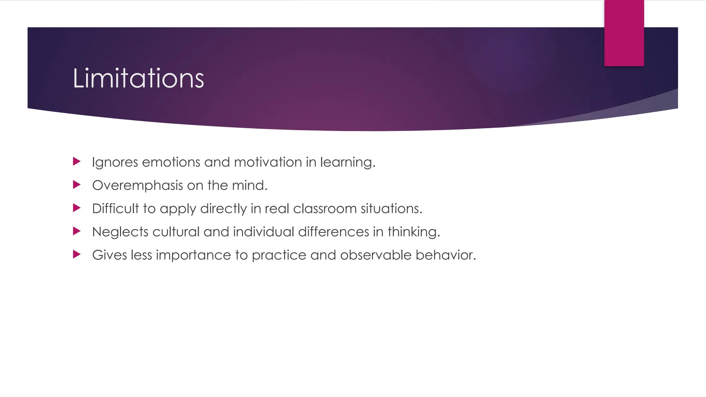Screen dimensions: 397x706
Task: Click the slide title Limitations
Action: pos(138,79)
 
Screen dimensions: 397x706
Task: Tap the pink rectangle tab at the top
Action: pos(624,33)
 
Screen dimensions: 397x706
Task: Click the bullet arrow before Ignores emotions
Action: pos(77,161)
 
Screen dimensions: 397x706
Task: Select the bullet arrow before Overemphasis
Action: pos(77,185)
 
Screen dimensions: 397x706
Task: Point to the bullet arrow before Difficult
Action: pos(77,208)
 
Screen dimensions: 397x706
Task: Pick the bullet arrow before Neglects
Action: pos(77,231)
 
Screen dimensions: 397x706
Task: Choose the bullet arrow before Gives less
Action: pos(77,254)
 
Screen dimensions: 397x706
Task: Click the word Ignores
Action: pos(115,162)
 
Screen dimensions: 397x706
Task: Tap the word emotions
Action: pos(171,162)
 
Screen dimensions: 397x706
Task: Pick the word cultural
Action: pos(176,232)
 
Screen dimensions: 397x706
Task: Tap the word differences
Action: pos(333,232)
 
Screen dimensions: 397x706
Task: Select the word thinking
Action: pos(413,232)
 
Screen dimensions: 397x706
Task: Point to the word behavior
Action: pos(445,255)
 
